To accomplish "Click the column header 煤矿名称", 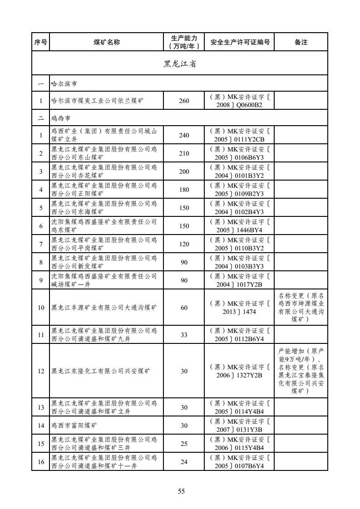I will click(x=107, y=42).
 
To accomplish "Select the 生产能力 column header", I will click(x=184, y=42).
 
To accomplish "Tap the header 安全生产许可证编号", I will click(x=240, y=42).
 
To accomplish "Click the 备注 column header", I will click(x=301, y=42).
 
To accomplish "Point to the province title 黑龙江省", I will click(x=180, y=64).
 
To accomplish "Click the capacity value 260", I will click(x=184, y=101).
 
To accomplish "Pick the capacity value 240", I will click(x=184, y=135).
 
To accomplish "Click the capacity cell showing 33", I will click(x=184, y=335).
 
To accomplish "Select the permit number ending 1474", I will click(x=240, y=308).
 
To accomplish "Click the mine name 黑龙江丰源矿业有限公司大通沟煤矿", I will click(x=104, y=308).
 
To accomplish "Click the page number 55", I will click(x=181, y=491).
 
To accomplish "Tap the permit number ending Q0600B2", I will click(x=240, y=101).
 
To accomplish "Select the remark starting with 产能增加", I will click(x=301, y=371).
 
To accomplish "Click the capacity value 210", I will click(x=184, y=153).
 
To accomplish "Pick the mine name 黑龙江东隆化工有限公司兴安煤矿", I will click(x=100, y=371).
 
